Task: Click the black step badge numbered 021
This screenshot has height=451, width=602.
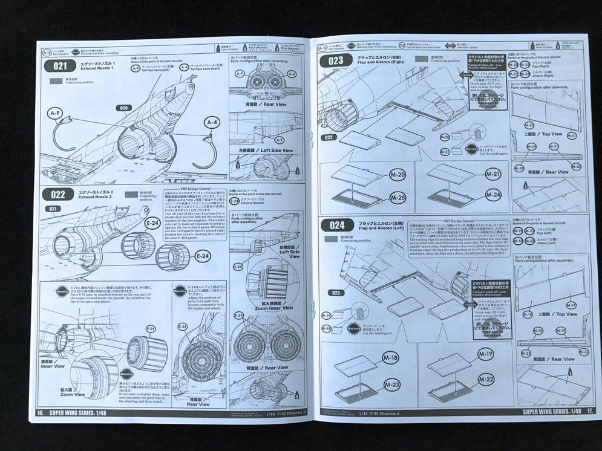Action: tap(61, 67)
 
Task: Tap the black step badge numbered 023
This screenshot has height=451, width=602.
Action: tap(336, 60)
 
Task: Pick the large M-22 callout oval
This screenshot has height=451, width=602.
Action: tap(485, 379)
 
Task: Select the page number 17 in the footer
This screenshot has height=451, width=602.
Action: tap(589, 411)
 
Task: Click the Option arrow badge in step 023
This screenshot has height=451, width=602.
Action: tap(464, 74)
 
